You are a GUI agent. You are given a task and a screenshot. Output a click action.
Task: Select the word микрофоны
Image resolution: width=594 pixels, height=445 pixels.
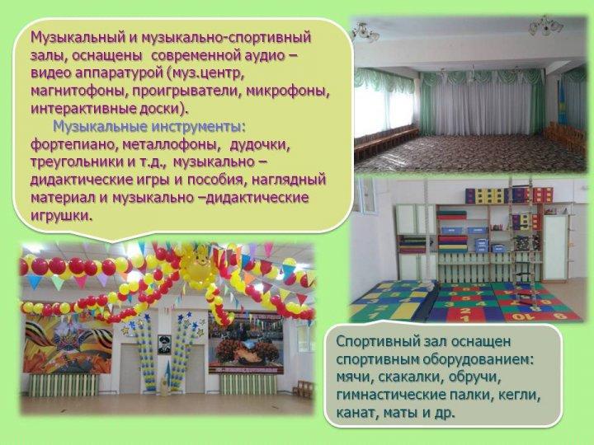(288, 91)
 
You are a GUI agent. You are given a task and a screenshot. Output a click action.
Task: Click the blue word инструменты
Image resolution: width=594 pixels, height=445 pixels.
(196, 127)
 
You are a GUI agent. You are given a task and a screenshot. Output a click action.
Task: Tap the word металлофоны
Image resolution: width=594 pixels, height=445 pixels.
(172, 145)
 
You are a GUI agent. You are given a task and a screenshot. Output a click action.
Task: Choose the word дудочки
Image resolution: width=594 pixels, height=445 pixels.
(260, 145)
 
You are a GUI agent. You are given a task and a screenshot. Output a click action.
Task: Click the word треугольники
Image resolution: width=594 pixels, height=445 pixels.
(75, 162)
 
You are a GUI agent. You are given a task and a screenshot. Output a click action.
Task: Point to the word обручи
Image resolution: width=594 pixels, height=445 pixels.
(474, 377)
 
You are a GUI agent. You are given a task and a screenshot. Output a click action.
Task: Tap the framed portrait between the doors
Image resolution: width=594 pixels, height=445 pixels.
(163, 344)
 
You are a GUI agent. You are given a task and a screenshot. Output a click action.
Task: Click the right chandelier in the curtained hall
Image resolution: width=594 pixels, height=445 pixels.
(545, 26)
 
